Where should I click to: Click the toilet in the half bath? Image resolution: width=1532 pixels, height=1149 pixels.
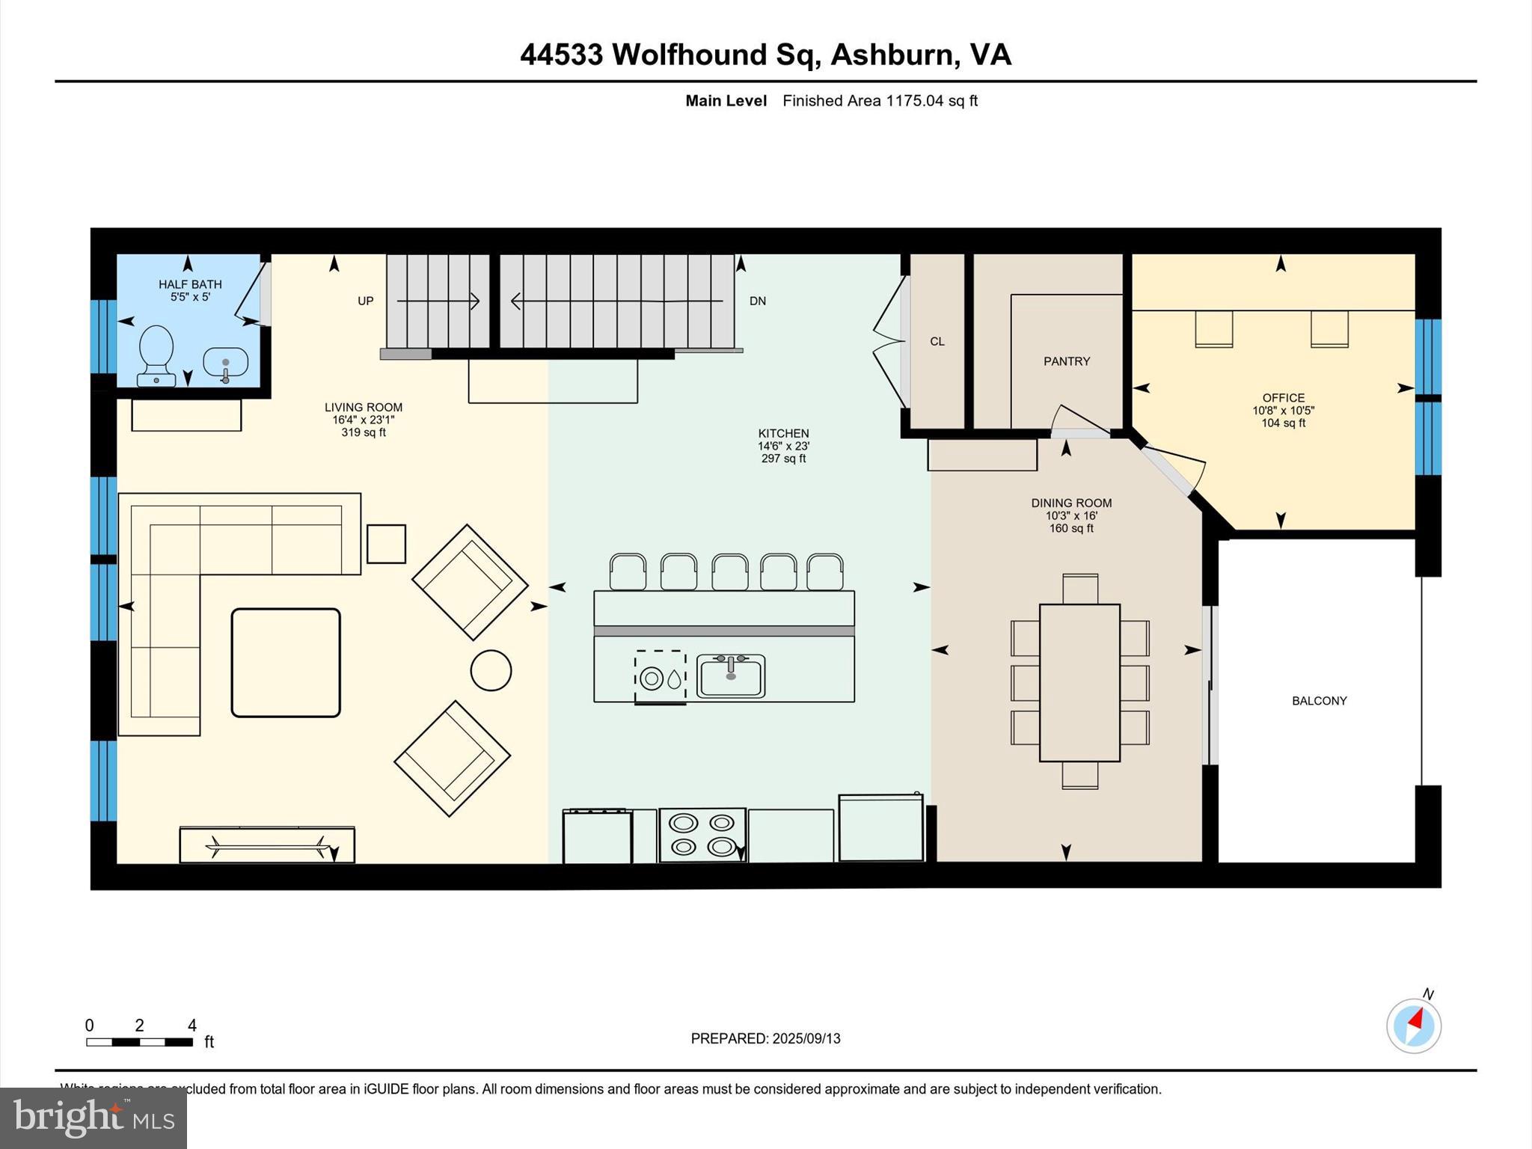tap(156, 355)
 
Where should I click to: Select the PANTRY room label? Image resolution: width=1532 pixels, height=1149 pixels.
tap(1067, 361)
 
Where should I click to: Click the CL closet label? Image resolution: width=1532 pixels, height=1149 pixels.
tap(937, 341)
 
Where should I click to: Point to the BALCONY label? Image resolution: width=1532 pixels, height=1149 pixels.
tap(1319, 701)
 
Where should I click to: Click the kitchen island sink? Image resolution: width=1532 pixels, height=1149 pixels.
tap(731, 676)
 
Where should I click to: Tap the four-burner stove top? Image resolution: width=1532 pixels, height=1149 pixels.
tap(702, 835)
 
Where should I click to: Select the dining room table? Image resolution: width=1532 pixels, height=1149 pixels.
tap(1079, 682)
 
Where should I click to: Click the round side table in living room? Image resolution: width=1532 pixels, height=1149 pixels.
tap(491, 670)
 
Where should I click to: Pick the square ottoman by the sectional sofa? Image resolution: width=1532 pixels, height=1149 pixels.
tap(286, 663)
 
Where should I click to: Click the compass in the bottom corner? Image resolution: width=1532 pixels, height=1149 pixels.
tap(1413, 1026)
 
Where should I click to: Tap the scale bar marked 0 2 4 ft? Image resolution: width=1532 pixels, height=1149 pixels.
tap(140, 1041)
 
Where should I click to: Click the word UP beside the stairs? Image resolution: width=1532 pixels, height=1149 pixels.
tap(365, 301)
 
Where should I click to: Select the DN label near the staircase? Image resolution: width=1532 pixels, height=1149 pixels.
tap(757, 301)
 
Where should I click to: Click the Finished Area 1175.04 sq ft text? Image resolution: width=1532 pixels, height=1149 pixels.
tap(880, 101)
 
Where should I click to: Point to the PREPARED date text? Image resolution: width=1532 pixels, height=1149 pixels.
tap(765, 1038)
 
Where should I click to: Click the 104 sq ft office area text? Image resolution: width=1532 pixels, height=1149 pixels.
tap(1283, 423)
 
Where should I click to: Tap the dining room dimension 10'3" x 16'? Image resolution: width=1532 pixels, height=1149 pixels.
tap(1071, 515)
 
